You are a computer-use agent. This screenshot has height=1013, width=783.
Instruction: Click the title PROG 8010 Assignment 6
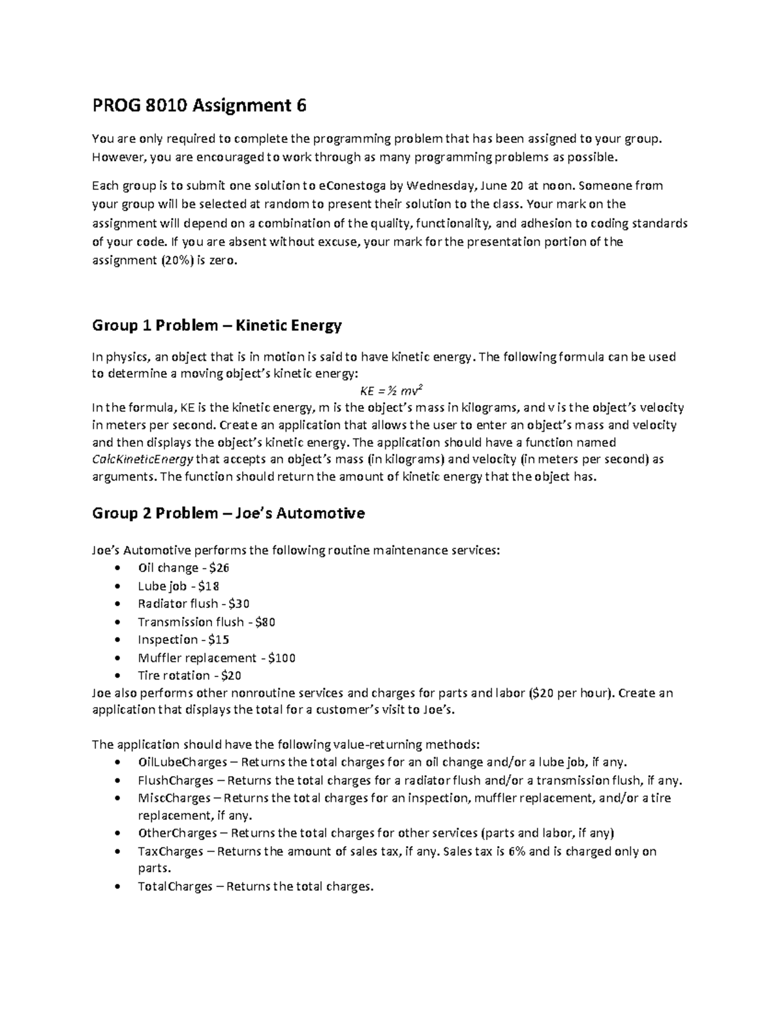(x=199, y=105)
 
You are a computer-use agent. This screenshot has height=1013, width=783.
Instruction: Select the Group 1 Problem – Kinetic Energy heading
(x=217, y=325)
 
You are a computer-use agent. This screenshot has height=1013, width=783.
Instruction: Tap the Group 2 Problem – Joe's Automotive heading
(x=228, y=513)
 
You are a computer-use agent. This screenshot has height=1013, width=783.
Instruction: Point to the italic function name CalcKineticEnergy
(x=143, y=459)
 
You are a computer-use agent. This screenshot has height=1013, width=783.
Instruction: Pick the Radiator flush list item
(x=193, y=604)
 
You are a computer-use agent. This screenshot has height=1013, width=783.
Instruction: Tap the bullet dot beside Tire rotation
(x=117, y=676)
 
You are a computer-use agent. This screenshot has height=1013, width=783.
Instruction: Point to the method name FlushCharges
(x=176, y=781)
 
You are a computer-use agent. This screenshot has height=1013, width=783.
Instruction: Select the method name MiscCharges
(x=174, y=798)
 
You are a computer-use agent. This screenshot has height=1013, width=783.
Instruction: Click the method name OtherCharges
(x=177, y=834)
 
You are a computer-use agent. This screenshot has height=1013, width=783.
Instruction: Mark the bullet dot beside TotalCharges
(x=117, y=887)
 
